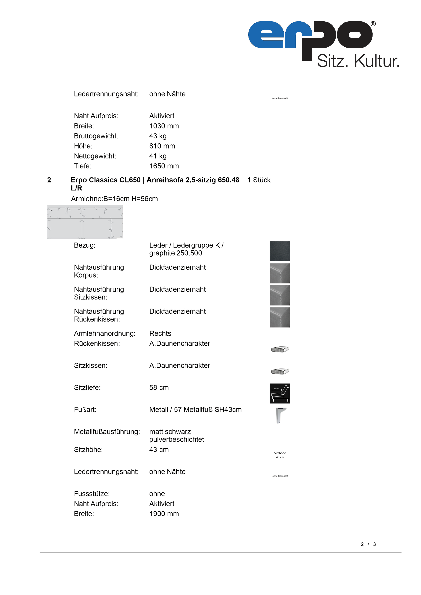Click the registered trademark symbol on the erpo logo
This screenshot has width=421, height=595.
coord(373,24)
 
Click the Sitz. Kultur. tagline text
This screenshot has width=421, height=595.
coord(358,61)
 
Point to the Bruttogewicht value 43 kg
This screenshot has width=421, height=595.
coord(158,136)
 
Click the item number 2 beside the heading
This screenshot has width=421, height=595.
coord(49,180)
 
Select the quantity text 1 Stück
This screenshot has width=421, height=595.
coord(259,180)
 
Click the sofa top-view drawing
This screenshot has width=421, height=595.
coord(85,222)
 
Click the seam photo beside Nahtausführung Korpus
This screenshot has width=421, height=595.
coord(280,274)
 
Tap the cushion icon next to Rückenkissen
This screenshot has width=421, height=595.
coord(280,349)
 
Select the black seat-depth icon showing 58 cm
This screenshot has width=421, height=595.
coord(280,393)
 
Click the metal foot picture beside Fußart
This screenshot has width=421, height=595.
coord(280,415)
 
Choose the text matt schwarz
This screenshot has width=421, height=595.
coord(170,432)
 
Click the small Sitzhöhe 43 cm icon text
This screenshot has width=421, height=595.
coord(280,455)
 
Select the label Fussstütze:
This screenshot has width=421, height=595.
coord(92,494)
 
